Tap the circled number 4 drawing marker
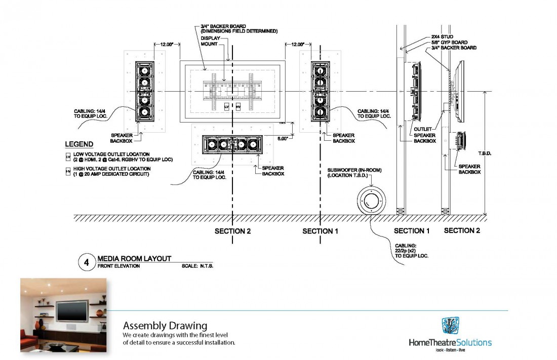(87, 263)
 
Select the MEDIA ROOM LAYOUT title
(134, 258)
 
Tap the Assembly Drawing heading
(165, 325)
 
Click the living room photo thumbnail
(64, 317)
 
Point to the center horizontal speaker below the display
(231, 144)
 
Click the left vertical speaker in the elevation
(144, 91)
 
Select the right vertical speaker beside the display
(320, 91)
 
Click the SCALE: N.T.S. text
(197, 265)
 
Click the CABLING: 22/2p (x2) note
(411, 250)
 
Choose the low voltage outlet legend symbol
(68, 154)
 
